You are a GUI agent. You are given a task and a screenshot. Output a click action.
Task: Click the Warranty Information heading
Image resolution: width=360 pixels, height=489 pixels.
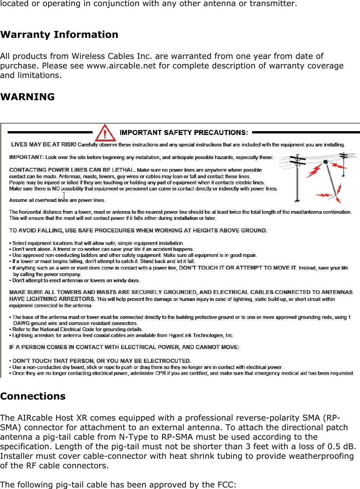click(x=59, y=34)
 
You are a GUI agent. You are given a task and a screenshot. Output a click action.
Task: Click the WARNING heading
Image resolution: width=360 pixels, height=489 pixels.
click(x=28, y=97)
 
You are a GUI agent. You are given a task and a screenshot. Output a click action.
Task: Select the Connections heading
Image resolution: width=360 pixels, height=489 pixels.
click(x=33, y=396)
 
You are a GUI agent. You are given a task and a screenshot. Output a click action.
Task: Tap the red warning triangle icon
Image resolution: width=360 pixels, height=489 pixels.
click(x=106, y=133)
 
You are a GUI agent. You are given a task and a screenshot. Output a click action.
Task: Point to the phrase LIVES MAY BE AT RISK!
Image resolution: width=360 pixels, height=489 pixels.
click(x=44, y=145)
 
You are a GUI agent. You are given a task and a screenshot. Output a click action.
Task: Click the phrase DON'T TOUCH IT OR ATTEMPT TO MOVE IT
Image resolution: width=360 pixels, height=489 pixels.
click(x=238, y=268)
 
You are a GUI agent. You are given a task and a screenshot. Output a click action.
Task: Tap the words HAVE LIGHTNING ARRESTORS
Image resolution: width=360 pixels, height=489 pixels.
click(x=52, y=299)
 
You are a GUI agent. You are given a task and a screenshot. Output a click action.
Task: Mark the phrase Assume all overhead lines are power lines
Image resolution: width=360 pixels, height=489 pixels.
click(x=57, y=200)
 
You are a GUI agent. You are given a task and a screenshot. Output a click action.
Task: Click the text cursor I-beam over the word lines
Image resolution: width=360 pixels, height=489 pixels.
click(x=64, y=195)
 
